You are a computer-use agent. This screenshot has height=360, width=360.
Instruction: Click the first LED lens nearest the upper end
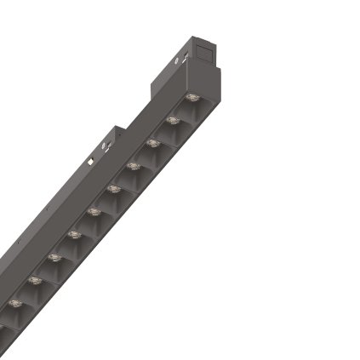click(x=192, y=100)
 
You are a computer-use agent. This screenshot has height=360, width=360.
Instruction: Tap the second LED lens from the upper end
click(x=173, y=121)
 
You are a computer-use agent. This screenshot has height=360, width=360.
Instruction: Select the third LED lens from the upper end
click(x=153, y=142)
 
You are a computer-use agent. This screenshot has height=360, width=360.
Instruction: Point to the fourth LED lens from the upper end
click(x=133, y=164)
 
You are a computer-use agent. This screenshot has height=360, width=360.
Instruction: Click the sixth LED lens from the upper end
click(x=93, y=209)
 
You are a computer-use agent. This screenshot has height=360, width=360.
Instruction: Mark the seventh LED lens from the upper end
click(x=73, y=232)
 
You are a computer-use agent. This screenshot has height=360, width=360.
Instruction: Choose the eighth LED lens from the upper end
click(x=54, y=255)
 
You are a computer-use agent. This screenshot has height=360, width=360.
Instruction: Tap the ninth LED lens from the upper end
click(x=34, y=278)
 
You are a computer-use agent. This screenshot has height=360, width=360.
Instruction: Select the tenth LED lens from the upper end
click(x=14, y=301)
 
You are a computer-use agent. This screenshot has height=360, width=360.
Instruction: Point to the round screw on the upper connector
click(x=179, y=60)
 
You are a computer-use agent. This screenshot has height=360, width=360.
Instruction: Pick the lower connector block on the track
click(x=106, y=145)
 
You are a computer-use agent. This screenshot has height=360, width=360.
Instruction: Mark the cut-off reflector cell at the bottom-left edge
click(x=4, y=328)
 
